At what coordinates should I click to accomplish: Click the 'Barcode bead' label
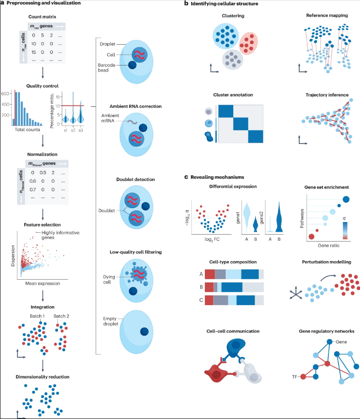pos(110,66)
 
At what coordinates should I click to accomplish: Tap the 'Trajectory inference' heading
pos(327,95)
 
